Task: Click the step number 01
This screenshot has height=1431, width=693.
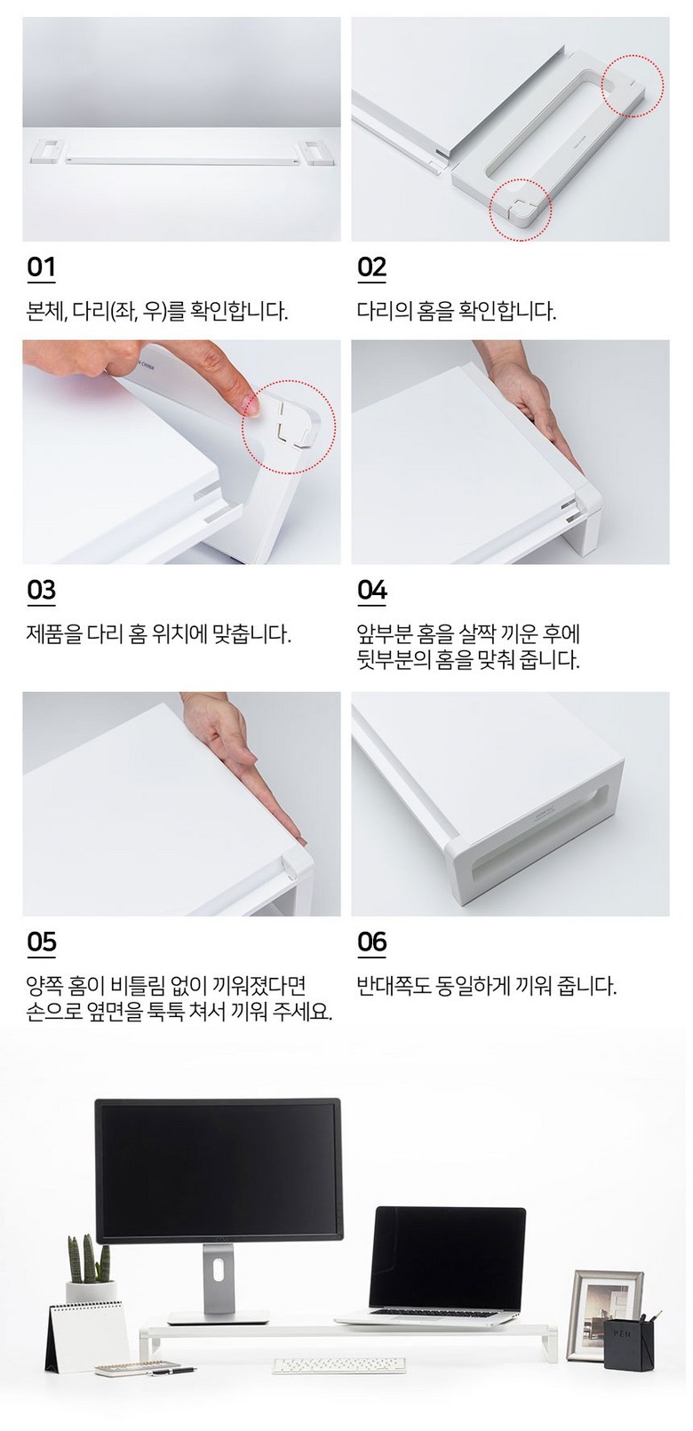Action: (41, 267)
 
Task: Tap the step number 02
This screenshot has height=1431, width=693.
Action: (371, 267)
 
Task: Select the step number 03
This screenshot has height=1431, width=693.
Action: (42, 591)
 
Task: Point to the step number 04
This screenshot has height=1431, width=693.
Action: (372, 591)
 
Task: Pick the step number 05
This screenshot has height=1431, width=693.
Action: (42, 942)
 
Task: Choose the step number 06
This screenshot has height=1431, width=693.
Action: (372, 942)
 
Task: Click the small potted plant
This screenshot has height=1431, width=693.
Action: (91, 1271)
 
